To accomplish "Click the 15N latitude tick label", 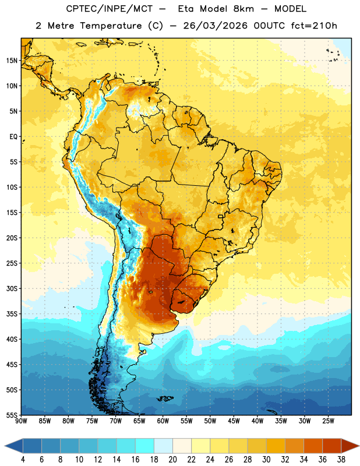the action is (x=12, y=61).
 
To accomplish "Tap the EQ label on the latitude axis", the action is (x=13, y=137).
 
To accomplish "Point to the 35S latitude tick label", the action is (x=12, y=314).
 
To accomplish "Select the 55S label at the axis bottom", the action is (x=12, y=415).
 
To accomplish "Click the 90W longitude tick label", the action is (x=21, y=421).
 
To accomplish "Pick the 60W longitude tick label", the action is (x=163, y=421).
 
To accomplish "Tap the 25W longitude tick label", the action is (x=328, y=421).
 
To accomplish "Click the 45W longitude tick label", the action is (x=234, y=421).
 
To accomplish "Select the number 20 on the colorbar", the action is (x=172, y=460).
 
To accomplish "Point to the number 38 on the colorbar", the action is (x=341, y=460).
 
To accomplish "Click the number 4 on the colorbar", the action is (x=23, y=460).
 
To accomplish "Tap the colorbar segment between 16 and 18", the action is (x=145, y=446).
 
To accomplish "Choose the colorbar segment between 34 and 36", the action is (x=313, y=446).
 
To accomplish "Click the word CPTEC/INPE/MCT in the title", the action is (x=110, y=9).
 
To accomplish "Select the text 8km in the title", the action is (x=243, y=9).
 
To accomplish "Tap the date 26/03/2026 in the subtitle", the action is (x=215, y=26).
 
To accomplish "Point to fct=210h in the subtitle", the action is (x=314, y=26).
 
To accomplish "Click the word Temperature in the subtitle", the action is (x=111, y=26).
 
